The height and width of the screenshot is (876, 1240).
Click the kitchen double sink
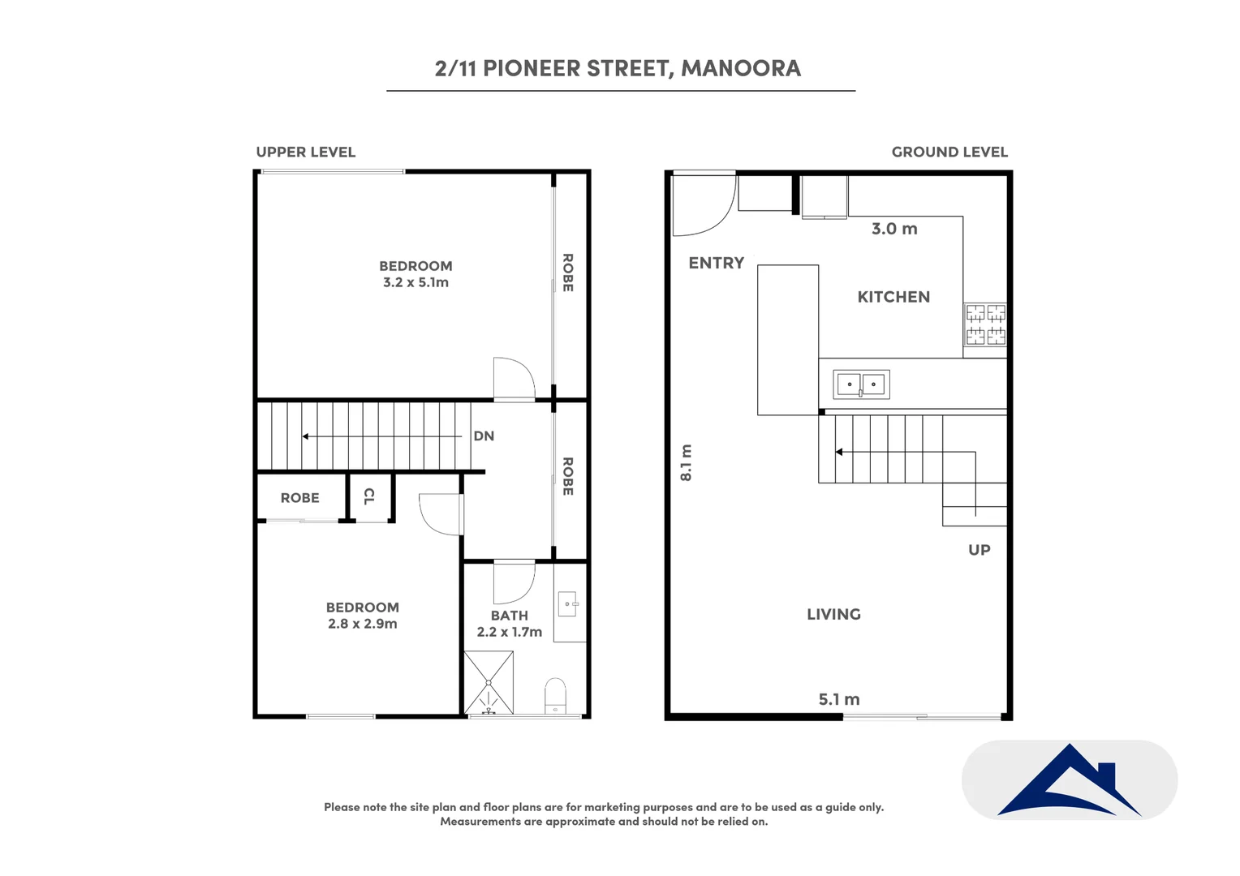click(x=861, y=384)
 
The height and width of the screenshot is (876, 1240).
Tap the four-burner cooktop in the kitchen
click(x=985, y=324)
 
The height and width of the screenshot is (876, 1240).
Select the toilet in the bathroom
click(x=555, y=696)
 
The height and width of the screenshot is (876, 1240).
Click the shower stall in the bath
click(x=489, y=682)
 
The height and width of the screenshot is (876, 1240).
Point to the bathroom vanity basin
click(x=569, y=603)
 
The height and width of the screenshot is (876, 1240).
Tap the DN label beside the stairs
click(x=484, y=436)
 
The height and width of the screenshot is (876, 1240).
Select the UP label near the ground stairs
click(x=980, y=550)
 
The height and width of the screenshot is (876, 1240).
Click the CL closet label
click(x=369, y=496)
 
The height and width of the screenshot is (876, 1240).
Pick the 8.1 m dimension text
click(x=686, y=462)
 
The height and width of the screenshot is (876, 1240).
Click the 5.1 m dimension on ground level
click(x=839, y=699)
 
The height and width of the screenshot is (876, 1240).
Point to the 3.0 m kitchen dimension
click(x=894, y=229)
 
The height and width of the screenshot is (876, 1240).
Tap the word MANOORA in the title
click(x=741, y=68)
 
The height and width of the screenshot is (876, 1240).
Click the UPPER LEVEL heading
click(x=306, y=152)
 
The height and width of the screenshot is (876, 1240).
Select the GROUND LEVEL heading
click(x=949, y=152)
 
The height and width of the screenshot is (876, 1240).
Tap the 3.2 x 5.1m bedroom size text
click(x=415, y=282)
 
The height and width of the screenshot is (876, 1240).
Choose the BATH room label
click(x=510, y=616)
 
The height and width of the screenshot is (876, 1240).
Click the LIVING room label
click(x=833, y=614)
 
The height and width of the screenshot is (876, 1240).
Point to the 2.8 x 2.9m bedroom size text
click(x=363, y=624)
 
